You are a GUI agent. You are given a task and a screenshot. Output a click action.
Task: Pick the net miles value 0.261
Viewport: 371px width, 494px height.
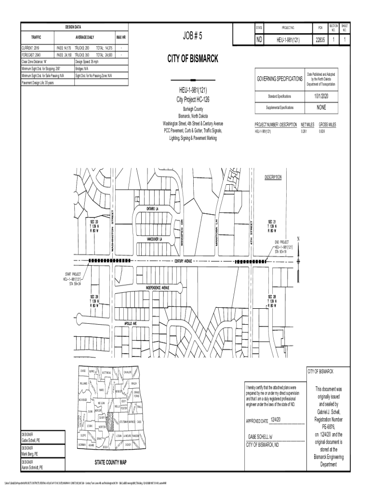(x=304, y=131)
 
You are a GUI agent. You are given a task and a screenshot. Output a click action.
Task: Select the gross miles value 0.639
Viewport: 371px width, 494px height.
(x=321, y=131)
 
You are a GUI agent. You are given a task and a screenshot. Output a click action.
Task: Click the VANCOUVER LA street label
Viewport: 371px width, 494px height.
(x=154, y=239)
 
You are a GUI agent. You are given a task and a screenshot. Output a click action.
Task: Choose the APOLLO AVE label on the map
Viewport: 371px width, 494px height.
(x=131, y=323)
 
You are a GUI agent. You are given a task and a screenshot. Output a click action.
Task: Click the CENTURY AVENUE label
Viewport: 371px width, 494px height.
(x=183, y=261)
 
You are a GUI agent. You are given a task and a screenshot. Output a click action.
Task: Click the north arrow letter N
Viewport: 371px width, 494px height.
(x=298, y=239)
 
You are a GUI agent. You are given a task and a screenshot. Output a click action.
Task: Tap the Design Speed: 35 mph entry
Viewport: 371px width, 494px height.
(x=87, y=62)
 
